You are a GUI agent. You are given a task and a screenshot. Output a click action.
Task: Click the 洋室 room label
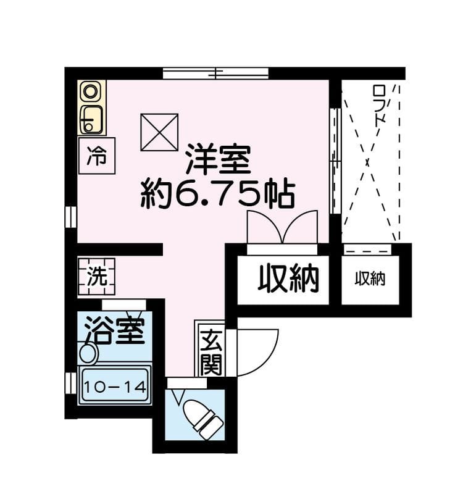218,159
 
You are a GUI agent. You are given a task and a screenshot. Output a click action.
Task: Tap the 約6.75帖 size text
218,194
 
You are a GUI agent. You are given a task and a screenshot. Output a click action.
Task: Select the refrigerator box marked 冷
97,156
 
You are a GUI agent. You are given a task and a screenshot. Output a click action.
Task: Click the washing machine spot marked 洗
96,277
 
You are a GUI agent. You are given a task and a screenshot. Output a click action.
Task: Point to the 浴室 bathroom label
115,330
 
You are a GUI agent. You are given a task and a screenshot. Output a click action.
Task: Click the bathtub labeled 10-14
115,385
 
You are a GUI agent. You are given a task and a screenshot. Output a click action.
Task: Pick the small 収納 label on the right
370,279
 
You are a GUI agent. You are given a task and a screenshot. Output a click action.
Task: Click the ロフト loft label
379,105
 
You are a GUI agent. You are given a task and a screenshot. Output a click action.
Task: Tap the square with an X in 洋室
159,132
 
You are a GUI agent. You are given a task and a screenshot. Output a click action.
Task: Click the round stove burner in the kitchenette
90,92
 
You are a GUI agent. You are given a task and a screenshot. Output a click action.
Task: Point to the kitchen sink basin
91,119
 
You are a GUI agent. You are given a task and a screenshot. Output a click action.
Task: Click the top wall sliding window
215,73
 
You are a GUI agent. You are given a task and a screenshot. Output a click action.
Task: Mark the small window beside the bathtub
71,383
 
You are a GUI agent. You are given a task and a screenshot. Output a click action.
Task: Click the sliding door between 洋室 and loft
335,161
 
